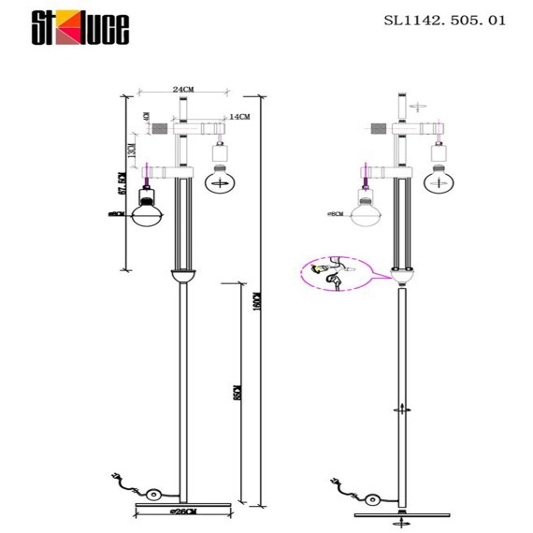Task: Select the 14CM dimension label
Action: (238, 116)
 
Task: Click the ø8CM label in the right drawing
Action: (335, 213)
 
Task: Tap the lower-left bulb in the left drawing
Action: (147, 209)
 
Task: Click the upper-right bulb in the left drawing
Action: (222, 178)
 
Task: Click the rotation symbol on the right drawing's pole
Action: (403, 409)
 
